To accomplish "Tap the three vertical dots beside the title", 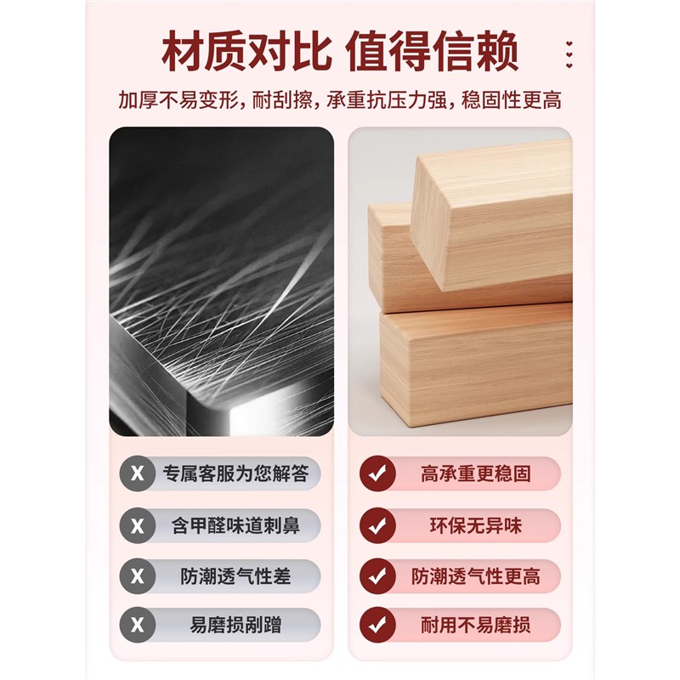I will tap(569, 53).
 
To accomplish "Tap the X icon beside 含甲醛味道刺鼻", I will tap(137, 526).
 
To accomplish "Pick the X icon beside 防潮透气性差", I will tap(137, 576).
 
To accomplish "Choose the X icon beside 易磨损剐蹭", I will tap(137, 626).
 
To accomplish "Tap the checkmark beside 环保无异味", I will tap(377, 526).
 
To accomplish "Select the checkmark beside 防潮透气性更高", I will tap(377, 576).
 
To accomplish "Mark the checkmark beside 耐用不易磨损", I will tap(377, 626).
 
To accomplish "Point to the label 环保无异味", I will tap(475, 526).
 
